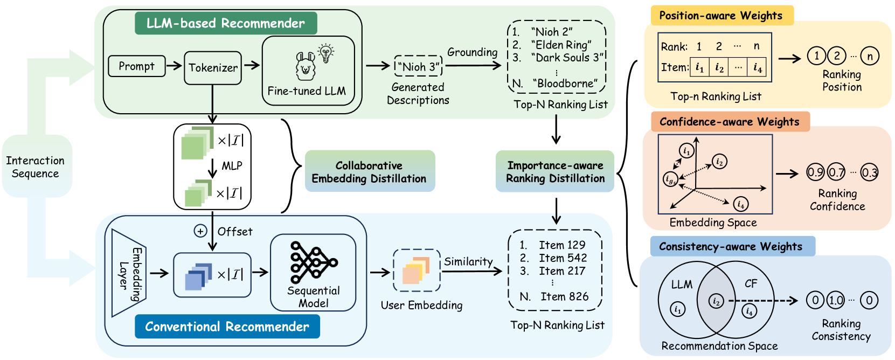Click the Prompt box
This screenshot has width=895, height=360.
(x=136, y=66)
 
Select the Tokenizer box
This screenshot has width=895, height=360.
(x=213, y=68)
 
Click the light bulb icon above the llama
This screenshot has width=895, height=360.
(x=325, y=53)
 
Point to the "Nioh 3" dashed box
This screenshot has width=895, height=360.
(x=418, y=67)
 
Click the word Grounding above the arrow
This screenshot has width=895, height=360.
(x=472, y=52)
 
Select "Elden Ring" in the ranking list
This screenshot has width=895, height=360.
(x=560, y=45)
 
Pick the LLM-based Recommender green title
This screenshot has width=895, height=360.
(x=225, y=23)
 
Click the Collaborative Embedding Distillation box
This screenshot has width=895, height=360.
(x=369, y=172)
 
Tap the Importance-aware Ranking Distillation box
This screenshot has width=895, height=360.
(x=555, y=172)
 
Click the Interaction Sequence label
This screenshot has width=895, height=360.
(x=36, y=167)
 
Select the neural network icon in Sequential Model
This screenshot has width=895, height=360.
(x=313, y=262)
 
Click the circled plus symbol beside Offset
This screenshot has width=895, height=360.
(x=200, y=231)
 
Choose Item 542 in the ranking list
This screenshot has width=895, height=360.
(x=563, y=258)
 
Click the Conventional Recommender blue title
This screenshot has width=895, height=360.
(x=227, y=327)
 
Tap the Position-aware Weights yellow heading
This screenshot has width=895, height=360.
(x=721, y=16)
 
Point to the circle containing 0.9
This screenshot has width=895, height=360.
(x=815, y=172)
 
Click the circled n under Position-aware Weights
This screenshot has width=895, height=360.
(x=870, y=56)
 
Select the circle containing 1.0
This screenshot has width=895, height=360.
(x=836, y=300)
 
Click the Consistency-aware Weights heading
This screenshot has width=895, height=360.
(x=731, y=247)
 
